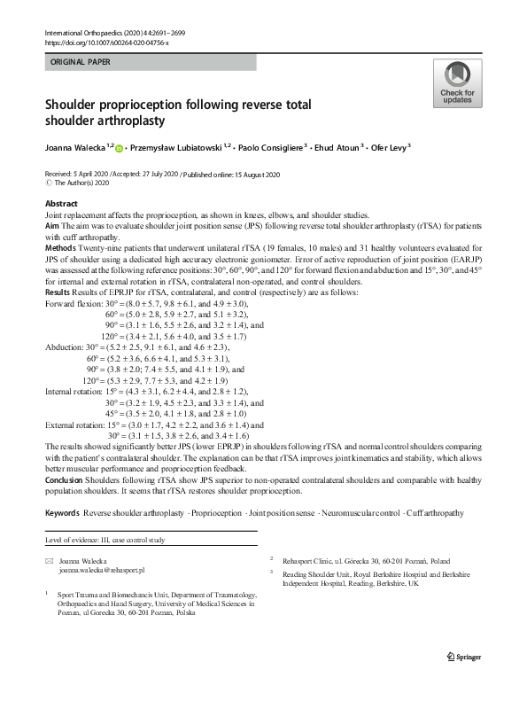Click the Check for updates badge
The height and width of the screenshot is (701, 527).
point(457,83)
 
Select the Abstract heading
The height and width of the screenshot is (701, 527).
point(61,204)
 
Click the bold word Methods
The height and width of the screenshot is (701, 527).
point(61,247)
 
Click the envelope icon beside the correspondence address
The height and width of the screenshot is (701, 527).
point(49,561)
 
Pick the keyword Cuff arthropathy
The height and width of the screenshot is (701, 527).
point(432,514)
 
